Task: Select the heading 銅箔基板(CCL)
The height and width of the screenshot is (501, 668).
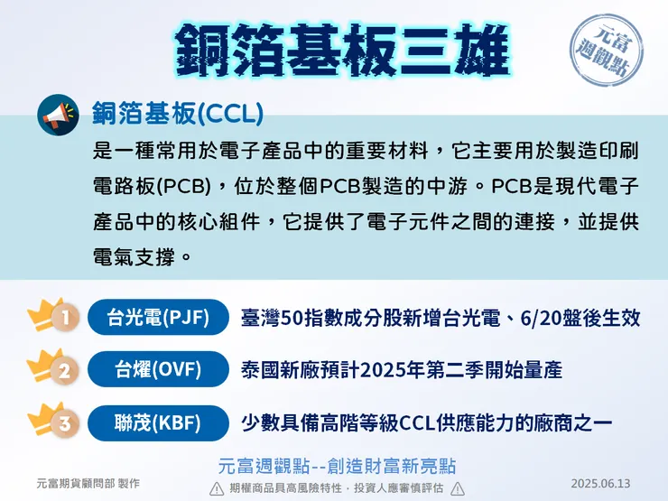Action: (177, 113)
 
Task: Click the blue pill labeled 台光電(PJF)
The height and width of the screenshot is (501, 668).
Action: (159, 318)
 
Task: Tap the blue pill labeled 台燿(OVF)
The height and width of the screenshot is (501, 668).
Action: (159, 370)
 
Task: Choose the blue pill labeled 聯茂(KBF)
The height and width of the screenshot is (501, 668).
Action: (159, 422)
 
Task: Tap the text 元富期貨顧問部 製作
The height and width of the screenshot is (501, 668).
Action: (88, 484)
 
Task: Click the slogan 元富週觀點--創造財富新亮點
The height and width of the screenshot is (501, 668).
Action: (337, 466)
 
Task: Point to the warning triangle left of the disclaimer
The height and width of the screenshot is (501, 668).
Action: (217, 488)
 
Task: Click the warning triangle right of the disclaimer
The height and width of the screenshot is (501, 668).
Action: (458, 488)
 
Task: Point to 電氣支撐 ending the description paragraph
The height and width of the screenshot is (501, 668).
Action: (134, 255)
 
